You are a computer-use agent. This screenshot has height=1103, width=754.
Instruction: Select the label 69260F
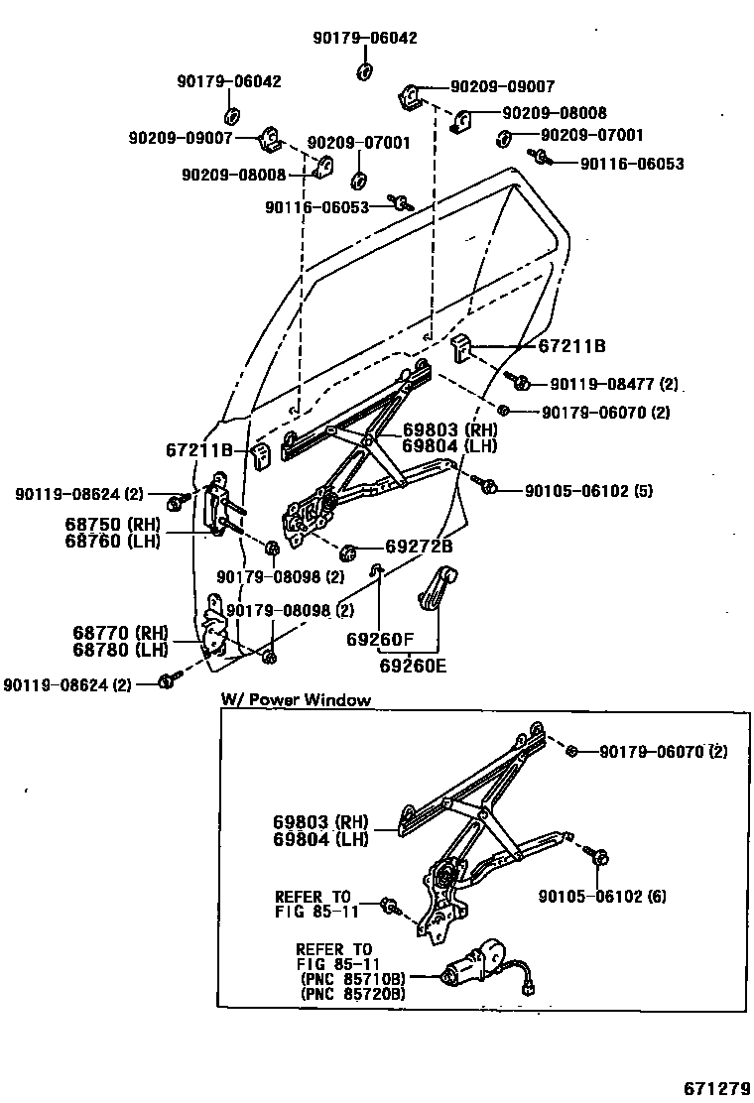point(379,640)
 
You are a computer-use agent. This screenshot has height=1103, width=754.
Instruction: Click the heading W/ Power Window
point(295,700)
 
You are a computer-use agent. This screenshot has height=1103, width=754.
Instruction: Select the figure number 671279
point(714,1088)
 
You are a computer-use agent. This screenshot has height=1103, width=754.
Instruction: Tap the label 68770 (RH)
point(120,632)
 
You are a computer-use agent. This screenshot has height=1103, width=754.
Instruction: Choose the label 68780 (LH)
point(120,649)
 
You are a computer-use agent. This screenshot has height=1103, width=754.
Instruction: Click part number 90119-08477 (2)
point(614,384)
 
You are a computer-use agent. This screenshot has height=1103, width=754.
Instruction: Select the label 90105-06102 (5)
point(588,490)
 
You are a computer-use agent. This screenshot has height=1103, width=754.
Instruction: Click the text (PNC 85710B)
point(351,977)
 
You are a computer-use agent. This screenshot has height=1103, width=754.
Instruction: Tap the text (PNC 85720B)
point(351,993)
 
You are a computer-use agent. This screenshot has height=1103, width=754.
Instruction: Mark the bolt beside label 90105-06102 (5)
point(489,487)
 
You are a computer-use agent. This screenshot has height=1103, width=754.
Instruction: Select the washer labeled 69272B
point(348,551)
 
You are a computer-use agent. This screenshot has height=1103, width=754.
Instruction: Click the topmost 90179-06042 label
point(364,39)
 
